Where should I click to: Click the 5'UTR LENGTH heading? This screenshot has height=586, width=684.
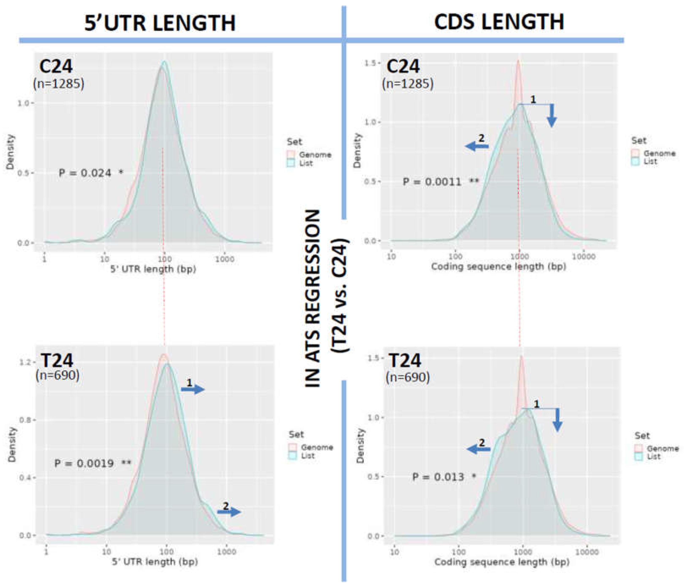tap(160, 23)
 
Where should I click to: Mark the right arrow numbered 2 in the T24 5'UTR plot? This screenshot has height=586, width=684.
tap(229, 512)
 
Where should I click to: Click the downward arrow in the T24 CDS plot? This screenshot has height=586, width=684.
tap(558, 420)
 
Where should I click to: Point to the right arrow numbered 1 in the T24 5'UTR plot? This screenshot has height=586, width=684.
tap(193, 389)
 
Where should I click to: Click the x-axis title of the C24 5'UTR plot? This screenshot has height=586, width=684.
tap(153, 269)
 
